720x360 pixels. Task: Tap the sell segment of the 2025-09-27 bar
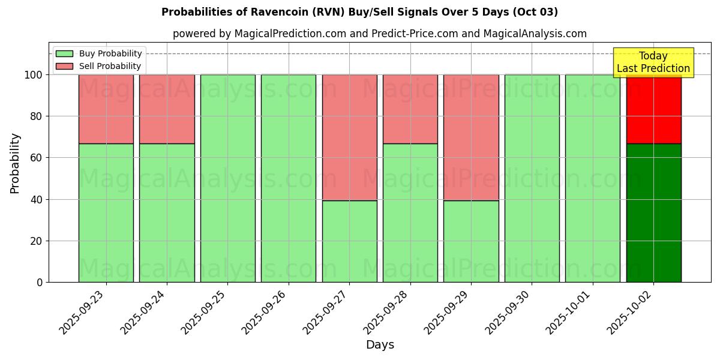point(349,137)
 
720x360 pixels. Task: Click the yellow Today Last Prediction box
point(653,62)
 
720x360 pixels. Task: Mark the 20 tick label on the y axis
point(37,241)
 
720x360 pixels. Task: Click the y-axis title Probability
point(15,163)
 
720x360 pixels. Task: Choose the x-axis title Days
point(380,345)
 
